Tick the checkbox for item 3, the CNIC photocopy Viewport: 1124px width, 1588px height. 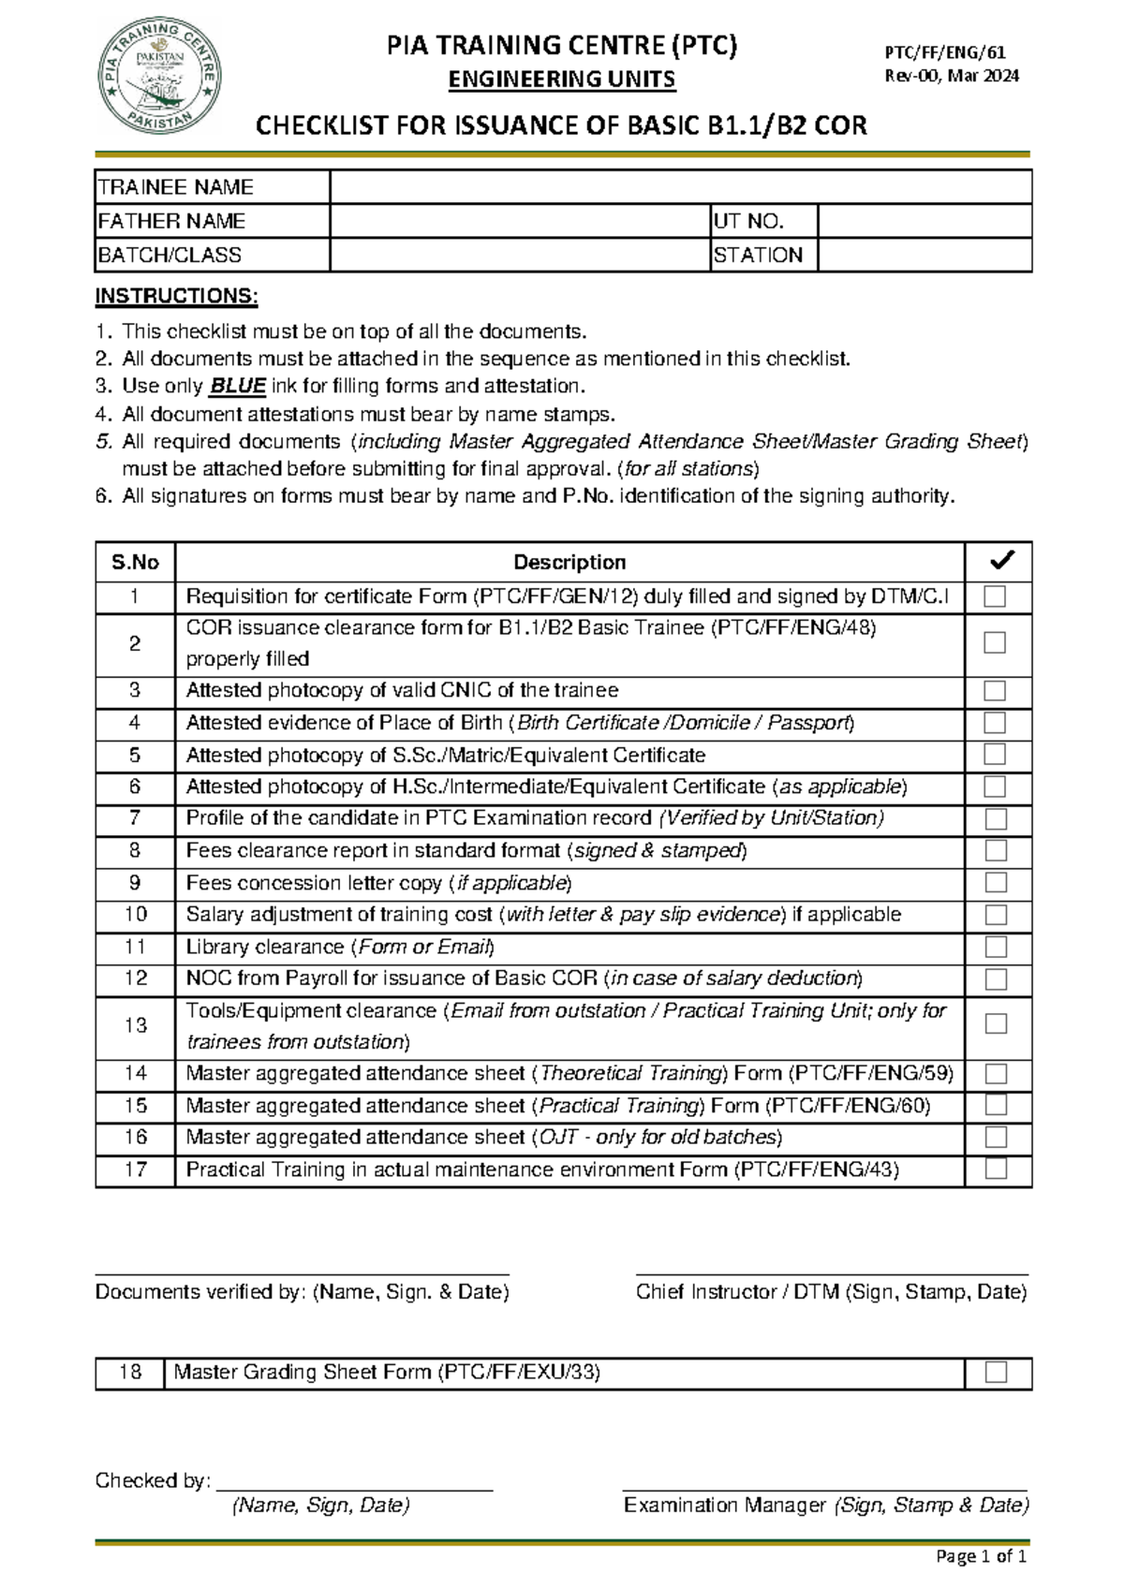[x=995, y=691]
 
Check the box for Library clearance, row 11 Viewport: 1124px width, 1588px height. [x=995, y=947]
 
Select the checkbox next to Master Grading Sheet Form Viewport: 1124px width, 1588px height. [x=996, y=1373]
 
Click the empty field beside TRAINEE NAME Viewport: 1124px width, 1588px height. [x=680, y=187]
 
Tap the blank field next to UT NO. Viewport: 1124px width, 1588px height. [x=924, y=221]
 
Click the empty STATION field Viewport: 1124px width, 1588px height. [x=924, y=255]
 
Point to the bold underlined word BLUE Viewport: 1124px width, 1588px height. [x=238, y=386]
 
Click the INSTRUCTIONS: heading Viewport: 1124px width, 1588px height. [x=176, y=297]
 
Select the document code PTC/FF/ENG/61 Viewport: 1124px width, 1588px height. [x=945, y=53]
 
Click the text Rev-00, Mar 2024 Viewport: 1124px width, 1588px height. [x=952, y=76]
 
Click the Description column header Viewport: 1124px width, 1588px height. [x=569, y=562]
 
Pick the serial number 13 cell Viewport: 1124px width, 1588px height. [x=136, y=1025]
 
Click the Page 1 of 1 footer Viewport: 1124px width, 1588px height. [x=981, y=1556]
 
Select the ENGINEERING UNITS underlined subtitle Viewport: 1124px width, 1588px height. [x=561, y=80]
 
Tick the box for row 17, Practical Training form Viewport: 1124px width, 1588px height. [x=996, y=1169]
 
